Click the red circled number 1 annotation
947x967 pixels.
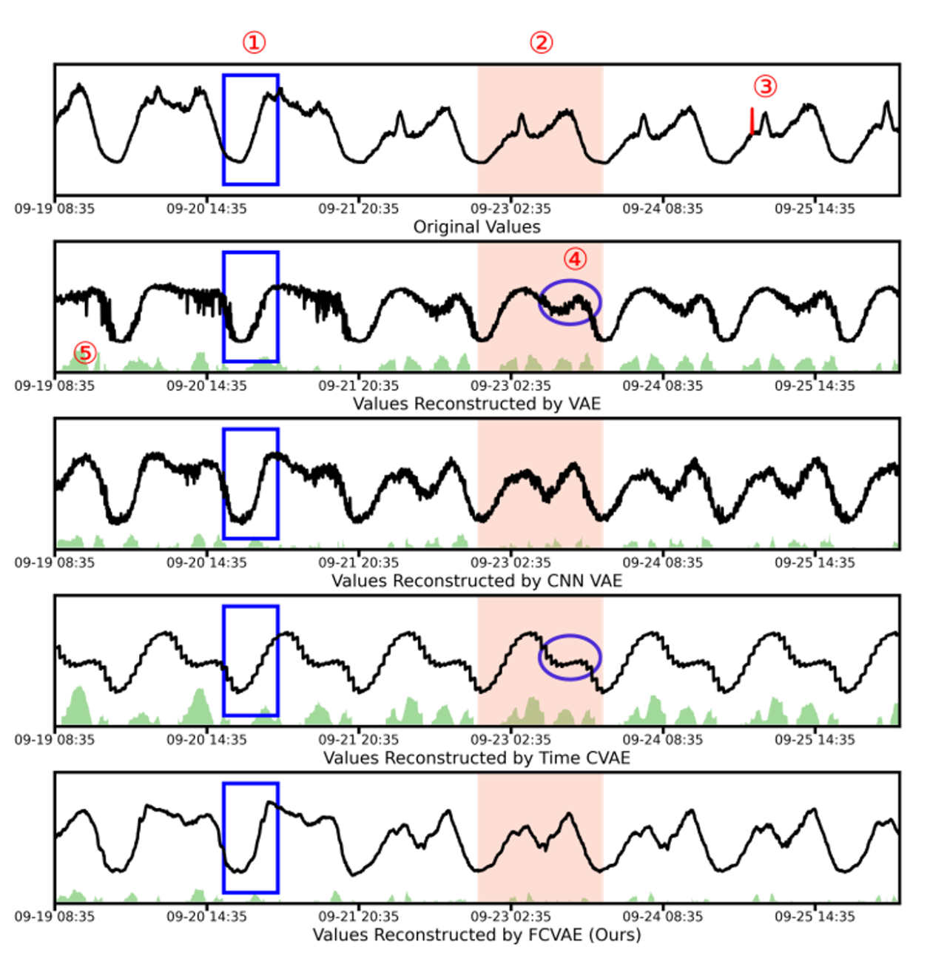[254, 43]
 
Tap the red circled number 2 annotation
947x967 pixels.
[541, 43]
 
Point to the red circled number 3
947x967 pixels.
[766, 87]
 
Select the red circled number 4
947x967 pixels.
[575, 259]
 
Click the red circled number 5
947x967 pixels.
[86, 353]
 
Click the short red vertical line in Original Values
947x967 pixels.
[752, 121]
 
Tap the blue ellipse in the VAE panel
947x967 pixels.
[569, 302]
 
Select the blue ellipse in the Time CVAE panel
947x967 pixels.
[569, 657]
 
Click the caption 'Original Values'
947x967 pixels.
[476, 227]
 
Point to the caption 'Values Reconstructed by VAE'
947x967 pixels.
[476, 404]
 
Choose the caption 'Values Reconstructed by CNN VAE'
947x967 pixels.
[476, 581]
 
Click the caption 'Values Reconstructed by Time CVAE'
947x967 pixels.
[476, 758]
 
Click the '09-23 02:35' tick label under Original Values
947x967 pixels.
[510, 209]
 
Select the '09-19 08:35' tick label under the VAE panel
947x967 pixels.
[55, 385]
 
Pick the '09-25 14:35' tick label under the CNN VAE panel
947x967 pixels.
[815, 562]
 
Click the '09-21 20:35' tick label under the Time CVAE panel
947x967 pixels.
[359, 739]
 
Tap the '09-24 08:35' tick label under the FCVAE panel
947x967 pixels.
[662, 916]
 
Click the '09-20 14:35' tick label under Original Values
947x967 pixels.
[206, 209]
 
